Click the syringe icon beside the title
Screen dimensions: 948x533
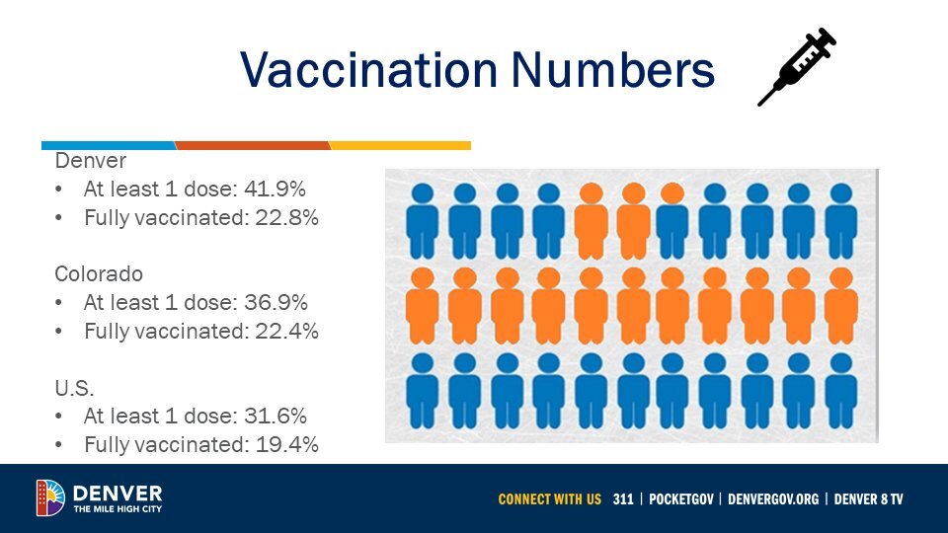coord(797,66)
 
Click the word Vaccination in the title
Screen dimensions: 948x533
coord(368,69)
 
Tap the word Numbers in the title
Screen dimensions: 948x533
coord(613,69)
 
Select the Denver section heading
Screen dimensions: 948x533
coord(91,161)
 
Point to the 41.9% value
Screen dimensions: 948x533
coord(276,190)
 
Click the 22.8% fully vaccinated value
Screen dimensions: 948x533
coord(286,217)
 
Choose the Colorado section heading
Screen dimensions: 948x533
coord(99,273)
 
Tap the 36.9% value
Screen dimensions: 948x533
coord(276,302)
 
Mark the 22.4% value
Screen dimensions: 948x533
coord(286,332)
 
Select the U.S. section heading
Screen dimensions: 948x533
coord(74,387)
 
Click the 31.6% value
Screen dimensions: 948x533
coord(276,416)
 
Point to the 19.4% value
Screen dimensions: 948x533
coord(286,445)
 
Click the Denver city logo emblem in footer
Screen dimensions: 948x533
coord(50,497)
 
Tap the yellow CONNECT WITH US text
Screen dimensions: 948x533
coord(550,499)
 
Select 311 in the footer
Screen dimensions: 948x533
coord(623,499)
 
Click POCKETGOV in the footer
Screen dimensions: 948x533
coord(680,499)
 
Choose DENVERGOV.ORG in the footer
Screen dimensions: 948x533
coord(773,499)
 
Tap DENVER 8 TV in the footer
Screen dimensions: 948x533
coord(868,499)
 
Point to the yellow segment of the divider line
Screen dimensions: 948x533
coord(400,146)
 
